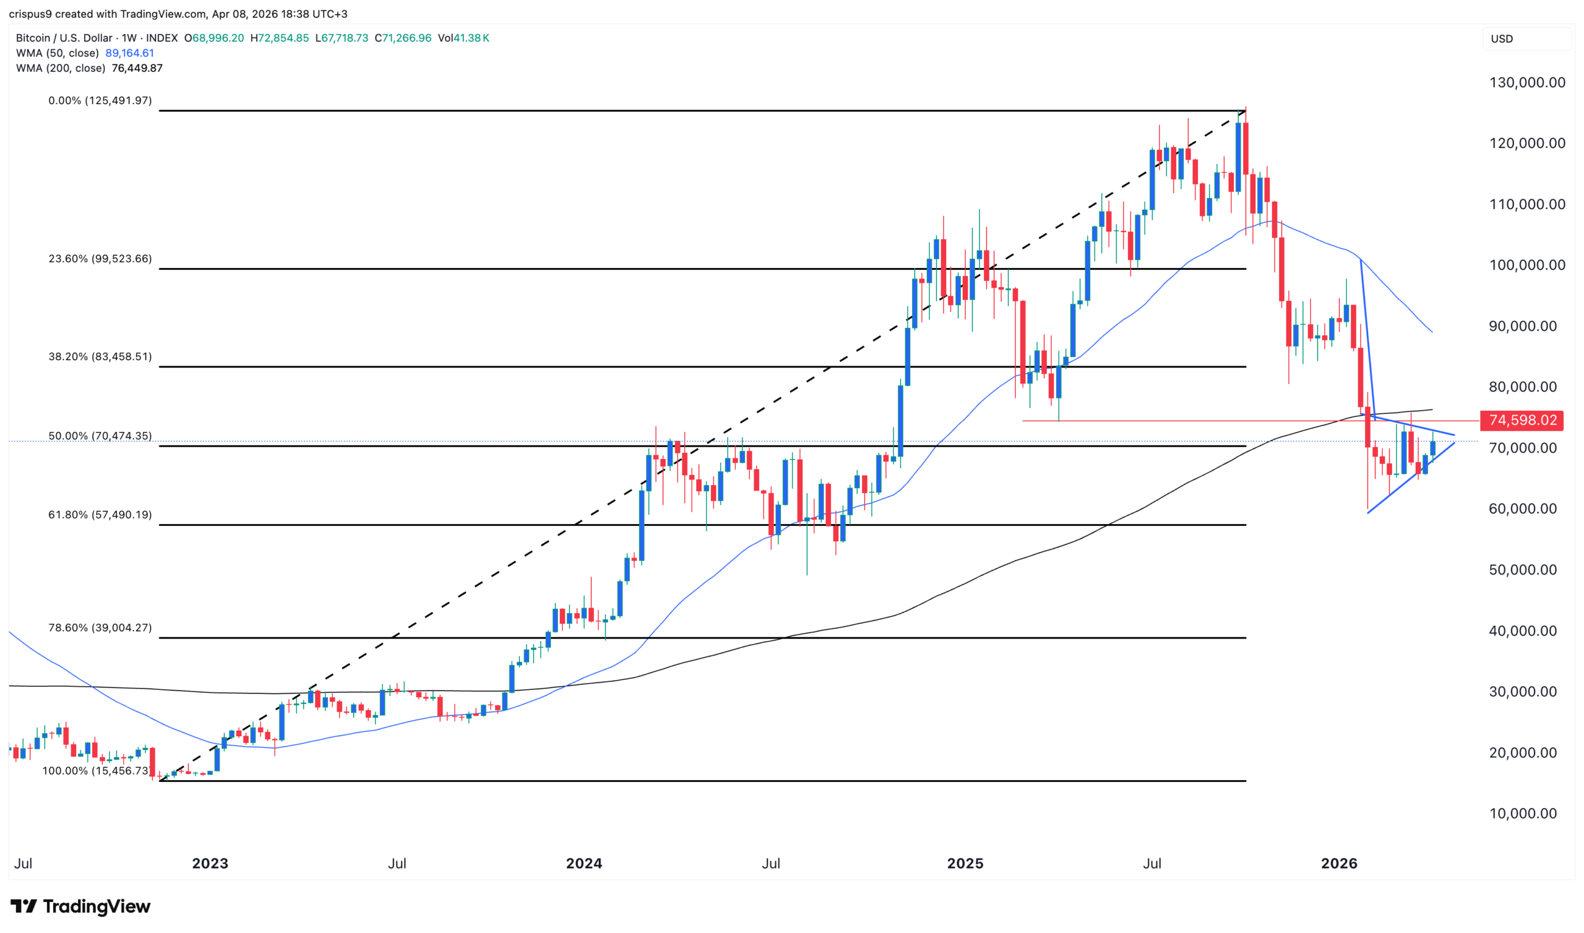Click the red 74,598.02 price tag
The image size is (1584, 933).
tap(1522, 420)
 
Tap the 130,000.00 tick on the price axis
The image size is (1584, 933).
tap(1527, 82)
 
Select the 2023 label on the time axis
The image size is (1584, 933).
tap(210, 863)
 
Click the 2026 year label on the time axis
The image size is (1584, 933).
tap(1339, 863)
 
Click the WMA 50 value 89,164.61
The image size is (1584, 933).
tap(129, 53)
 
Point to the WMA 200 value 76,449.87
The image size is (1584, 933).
tap(137, 68)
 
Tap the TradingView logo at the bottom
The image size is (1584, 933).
tap(80, 906)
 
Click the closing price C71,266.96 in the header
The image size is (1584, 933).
tap(403, 38)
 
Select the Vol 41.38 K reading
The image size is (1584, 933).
tap(463, 38)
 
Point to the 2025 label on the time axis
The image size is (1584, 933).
tap(965, 863)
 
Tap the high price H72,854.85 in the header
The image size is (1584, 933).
tap(280, 38)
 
